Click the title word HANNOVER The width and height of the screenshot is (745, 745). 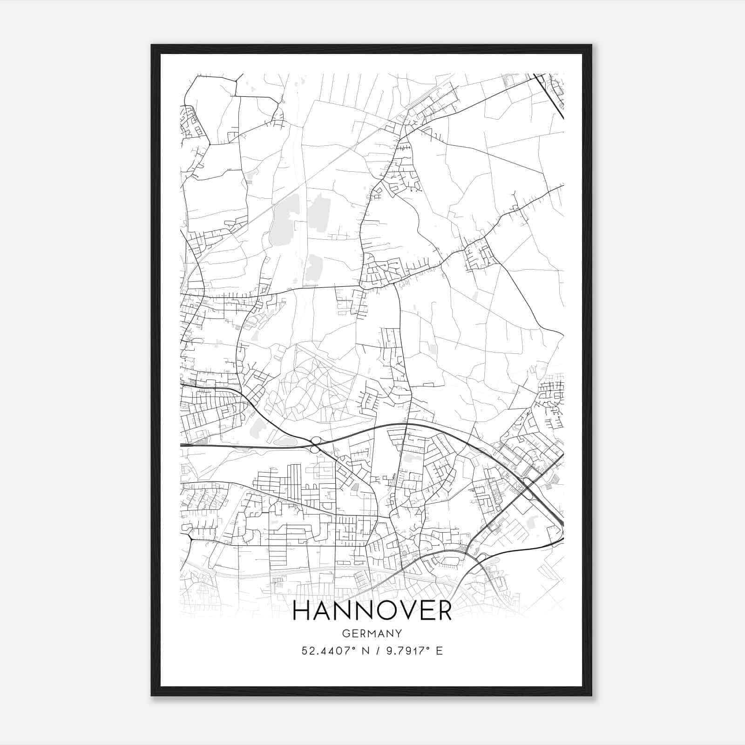click(372, 611)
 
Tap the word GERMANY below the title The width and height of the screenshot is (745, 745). click(372, 633)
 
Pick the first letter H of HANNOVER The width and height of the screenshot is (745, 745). click(303, 611)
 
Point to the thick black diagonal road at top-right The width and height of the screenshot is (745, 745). click(549, 95)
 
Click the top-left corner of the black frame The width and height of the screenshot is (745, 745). click(152, 45)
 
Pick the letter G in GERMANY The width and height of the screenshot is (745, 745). click(345, 633)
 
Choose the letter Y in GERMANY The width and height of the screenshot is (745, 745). click(399, 633)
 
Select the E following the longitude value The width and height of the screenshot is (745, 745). click(439, 650)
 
